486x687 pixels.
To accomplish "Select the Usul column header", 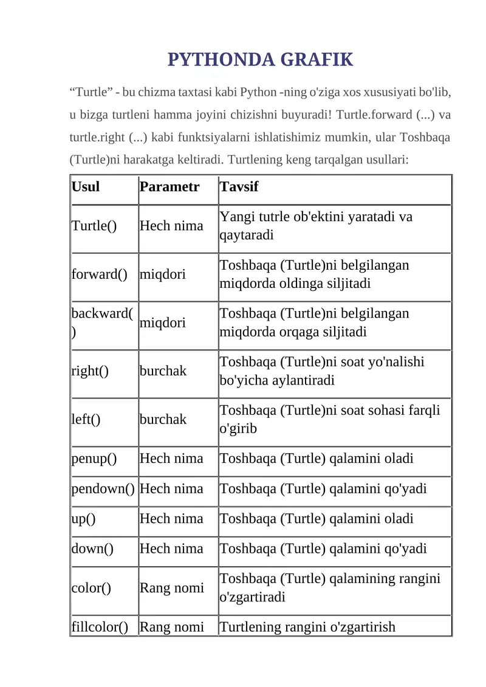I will click(x=86, y=186).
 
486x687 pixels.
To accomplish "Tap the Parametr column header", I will click(x=169, y=186).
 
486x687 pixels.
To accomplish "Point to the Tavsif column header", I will click(x=239, y=186).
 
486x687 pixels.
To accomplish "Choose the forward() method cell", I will click(x=100, y=274).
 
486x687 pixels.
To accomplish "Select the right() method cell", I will click(x=90, y=371).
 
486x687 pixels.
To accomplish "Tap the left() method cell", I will click(x=86, y=419).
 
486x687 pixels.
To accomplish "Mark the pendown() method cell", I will click(x=103, y=488).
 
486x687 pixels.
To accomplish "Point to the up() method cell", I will click(x=84, y=519).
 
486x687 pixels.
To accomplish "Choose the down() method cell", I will click(x=93, y=549).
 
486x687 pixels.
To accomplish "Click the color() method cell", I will click(x=91, y=588).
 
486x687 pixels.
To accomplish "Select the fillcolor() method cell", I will click(x=100, y=626).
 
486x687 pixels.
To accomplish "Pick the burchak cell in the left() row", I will click(x=163, y=419).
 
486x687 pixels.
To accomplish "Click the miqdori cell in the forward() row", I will click(x=163, y=274).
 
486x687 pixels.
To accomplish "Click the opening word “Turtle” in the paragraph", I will click(x=91, y=92).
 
